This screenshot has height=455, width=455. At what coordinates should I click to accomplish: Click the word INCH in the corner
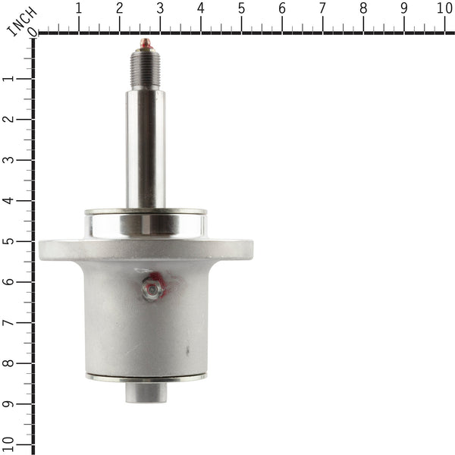20,20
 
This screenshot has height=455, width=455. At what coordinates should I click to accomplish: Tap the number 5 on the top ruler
241,9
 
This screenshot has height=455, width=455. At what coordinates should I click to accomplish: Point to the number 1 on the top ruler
79,9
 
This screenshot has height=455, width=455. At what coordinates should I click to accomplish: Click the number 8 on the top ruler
363,9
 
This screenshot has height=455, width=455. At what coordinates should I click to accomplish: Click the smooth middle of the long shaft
145,144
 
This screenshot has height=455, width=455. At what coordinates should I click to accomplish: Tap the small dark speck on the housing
188,350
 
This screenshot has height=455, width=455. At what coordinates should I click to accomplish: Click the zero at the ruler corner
31,33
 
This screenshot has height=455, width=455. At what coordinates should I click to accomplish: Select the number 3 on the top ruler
160,9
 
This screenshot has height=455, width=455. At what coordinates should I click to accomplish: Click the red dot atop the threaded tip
145,42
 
